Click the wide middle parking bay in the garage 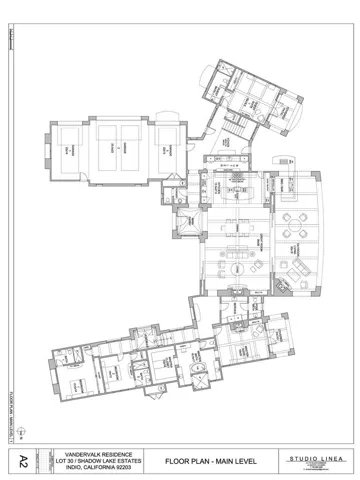click(119, 149)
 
